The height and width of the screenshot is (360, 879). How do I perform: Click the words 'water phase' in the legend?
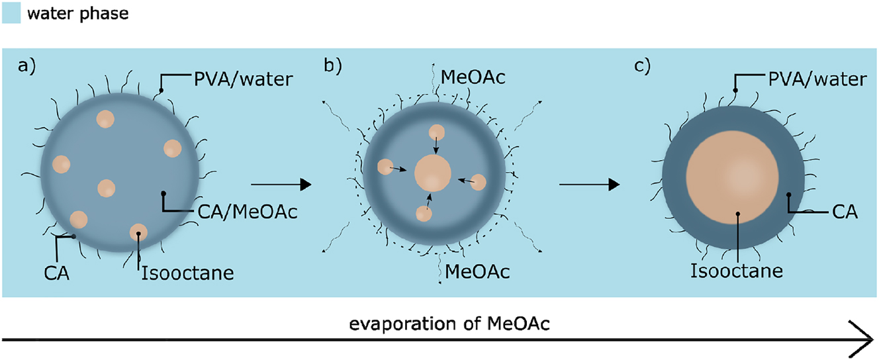pyautogui.click(x=73, y=14)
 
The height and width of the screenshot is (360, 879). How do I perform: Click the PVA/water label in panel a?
pyautogui.click(x=227, y=79)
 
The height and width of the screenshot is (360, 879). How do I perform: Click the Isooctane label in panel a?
pyautogui.click(x=187, y=273)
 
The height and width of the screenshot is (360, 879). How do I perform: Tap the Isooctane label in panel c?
pyautogui.click(x=737, y=271)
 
